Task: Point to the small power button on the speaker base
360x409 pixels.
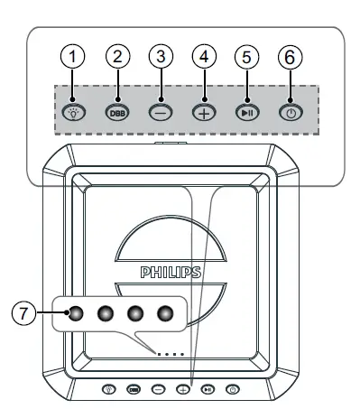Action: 233,389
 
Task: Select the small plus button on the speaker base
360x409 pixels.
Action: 183,389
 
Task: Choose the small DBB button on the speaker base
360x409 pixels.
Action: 134,389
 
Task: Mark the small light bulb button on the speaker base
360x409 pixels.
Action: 109,389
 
